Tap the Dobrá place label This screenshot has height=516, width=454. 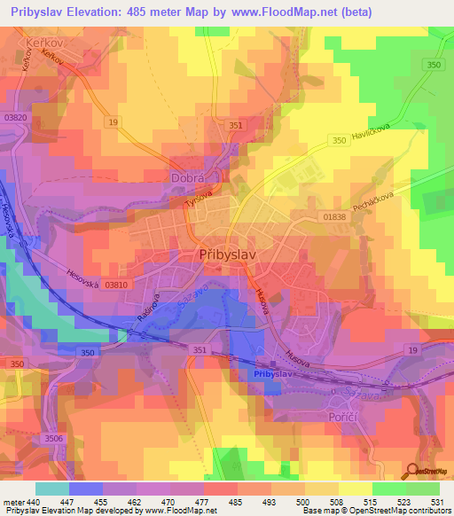pos(187,177)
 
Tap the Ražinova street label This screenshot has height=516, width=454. pos(146,306)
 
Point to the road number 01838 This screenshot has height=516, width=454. pos(333,216)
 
